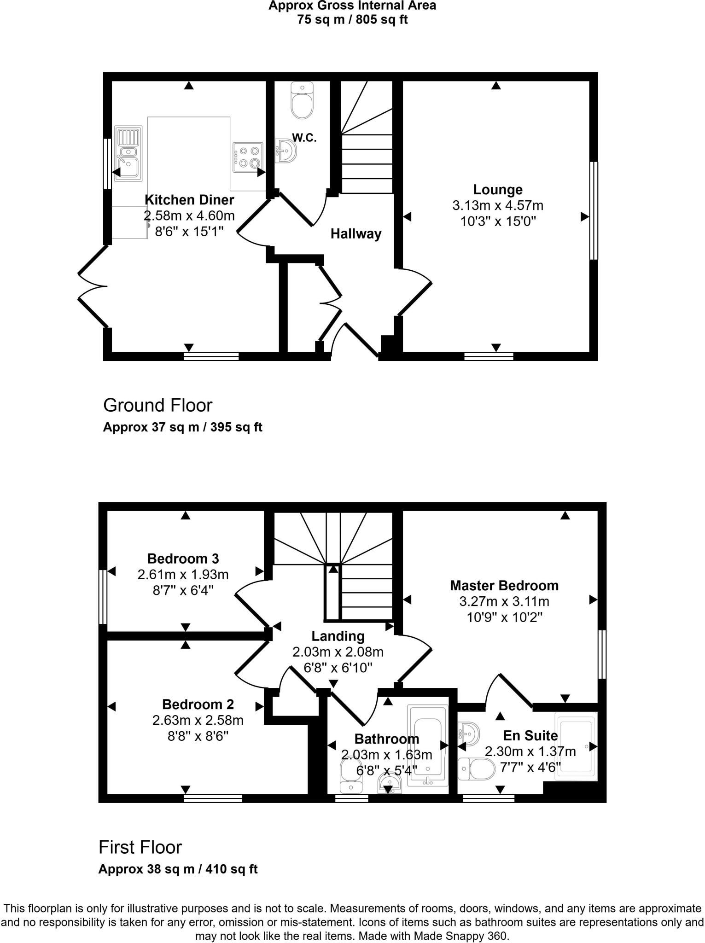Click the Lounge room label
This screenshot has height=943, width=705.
497,190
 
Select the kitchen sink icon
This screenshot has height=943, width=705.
128,155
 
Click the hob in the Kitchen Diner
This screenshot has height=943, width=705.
248,157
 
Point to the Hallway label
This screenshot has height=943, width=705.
356,234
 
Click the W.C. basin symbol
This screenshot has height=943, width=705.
286,150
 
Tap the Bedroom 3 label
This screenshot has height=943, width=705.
183,559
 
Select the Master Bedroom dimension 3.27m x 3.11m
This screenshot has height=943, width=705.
504,601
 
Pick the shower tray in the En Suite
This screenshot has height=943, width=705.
576,746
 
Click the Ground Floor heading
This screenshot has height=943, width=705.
157,405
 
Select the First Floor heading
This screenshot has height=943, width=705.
140,847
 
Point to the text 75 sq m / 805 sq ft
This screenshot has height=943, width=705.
352,20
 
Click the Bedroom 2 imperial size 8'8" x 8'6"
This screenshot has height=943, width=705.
198,736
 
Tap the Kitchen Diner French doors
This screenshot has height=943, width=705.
92,286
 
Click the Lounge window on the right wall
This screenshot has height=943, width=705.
594,210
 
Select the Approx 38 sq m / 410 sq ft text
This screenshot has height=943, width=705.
178,869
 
